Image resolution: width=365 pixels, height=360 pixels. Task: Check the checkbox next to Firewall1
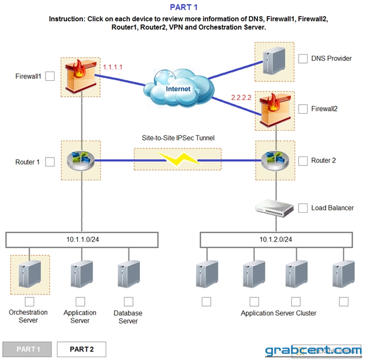pos(50,76)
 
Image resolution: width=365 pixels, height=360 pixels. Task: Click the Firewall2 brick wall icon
pos(275,110)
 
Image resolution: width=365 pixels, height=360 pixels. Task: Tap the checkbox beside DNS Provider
pos(303,59)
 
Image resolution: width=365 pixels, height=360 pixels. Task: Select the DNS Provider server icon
pos(274,60)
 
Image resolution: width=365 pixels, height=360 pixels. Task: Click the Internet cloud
pos(179,88)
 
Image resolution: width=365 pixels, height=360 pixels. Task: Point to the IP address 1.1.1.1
pos(113,67)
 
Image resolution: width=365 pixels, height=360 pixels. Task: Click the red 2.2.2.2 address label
pos(241,97)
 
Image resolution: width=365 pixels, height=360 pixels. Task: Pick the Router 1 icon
pos(81,160)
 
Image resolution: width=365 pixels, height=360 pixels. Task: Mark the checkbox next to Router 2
pos(303,161)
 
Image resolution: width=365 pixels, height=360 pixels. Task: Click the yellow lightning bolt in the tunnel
pos(179,159)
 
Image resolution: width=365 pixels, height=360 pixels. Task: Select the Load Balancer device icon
pos(275,208)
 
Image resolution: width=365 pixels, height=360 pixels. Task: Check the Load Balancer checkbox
pos(303,208)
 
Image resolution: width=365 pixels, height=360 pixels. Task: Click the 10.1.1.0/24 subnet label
pos(82,239)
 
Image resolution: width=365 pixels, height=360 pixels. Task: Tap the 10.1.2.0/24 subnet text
pos(276,239)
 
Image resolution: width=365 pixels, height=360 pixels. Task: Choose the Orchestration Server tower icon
pos(30,274)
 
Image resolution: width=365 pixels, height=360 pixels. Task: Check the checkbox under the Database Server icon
pos(128,301)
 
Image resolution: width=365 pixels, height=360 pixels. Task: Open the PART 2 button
pos(81,349)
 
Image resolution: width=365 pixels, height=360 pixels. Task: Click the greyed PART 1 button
pos(27,349)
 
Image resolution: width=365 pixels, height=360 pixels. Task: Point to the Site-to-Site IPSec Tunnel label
pos(178,138)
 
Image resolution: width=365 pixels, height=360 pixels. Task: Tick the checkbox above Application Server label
pos(80,301)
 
